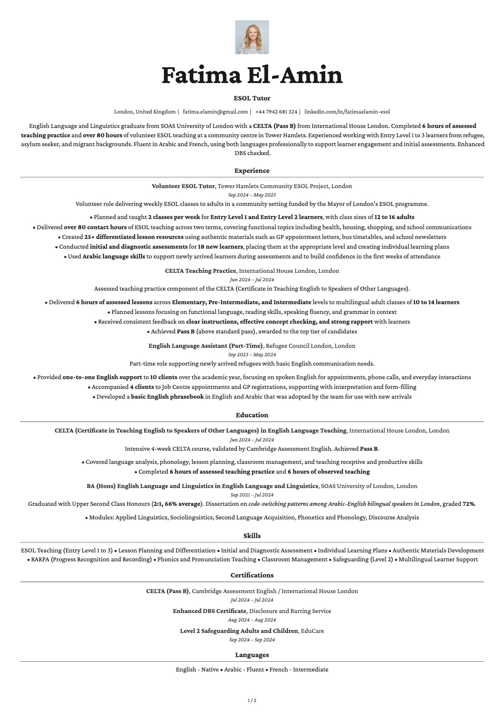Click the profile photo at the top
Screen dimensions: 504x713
pyautogui.click(x=252, y=37)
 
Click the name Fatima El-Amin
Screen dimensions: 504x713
pyautogui.click(x=252, y=75)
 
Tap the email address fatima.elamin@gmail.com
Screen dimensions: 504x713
pyautogui.click(x=215, y=112)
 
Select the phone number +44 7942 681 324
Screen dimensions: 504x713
pyautogui.click(x=276, y=112)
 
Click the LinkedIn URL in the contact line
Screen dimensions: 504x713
pyautogui.click(x=347, y=112)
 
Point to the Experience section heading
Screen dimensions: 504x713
pyautogui.click(x=252, y=171)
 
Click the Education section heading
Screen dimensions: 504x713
pyautogui.click(x=252, y=415)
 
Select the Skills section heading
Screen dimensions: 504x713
pyautogui.click(x=252, y=536)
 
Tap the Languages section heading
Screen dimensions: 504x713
pyautogui.click(x=252, y=655)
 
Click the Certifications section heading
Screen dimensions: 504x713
pyautogui.click(x=252, y=575)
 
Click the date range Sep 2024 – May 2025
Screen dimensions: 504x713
pyautogui.click(x=252, y=195)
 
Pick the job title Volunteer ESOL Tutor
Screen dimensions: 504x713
pyautogui.click(x=183, y=186)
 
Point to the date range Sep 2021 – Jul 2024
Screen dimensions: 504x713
pyautogui.click(x=252, y=495)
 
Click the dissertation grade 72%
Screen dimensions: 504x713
pyautogui.click(x=468, y=504)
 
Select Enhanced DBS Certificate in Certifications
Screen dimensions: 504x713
pyautogui.click(x=209, y=611)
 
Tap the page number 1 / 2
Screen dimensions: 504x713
pyautogui.click(x=252, y=700)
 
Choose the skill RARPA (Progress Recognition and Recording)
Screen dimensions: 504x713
pyautogui.click(x=91, y=559)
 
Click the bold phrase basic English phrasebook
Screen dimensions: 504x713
pyautogui.click(x=167, y=397)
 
